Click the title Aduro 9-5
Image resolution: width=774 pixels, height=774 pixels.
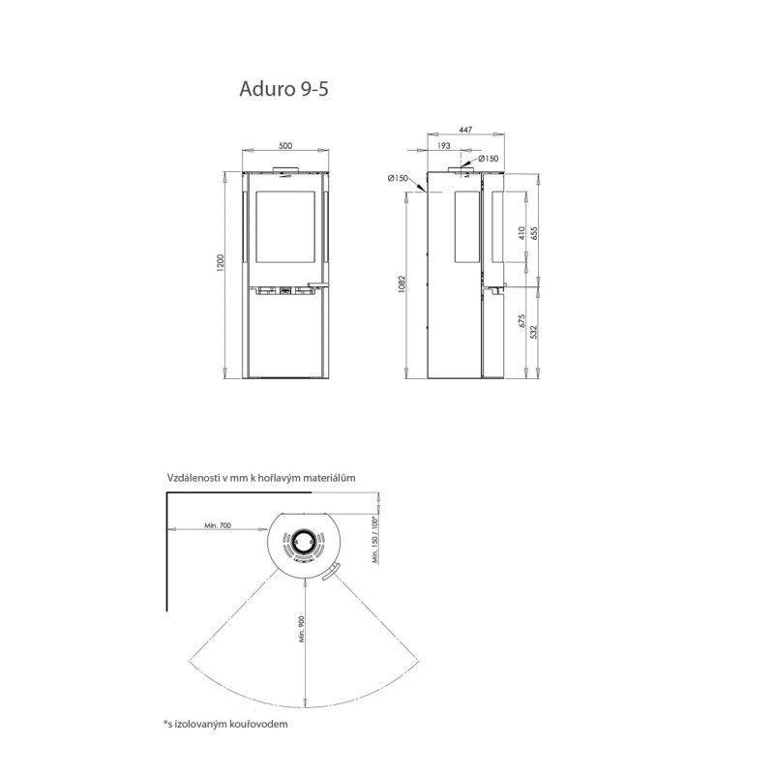point(283,89)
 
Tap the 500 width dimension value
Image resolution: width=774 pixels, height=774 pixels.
point(285,146)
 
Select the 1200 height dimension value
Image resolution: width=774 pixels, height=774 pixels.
point(221,262)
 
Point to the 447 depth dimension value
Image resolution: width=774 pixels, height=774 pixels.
point(465,130)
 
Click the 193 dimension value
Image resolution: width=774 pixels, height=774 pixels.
point(444,146)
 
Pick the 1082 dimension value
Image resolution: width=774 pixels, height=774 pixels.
point(402,283)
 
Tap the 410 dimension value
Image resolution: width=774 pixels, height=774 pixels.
point(521,232)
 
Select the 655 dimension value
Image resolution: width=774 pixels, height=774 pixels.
point(533,233)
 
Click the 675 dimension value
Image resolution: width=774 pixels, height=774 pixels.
point(521,321)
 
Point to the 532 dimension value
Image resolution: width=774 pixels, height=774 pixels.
point(533,332)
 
